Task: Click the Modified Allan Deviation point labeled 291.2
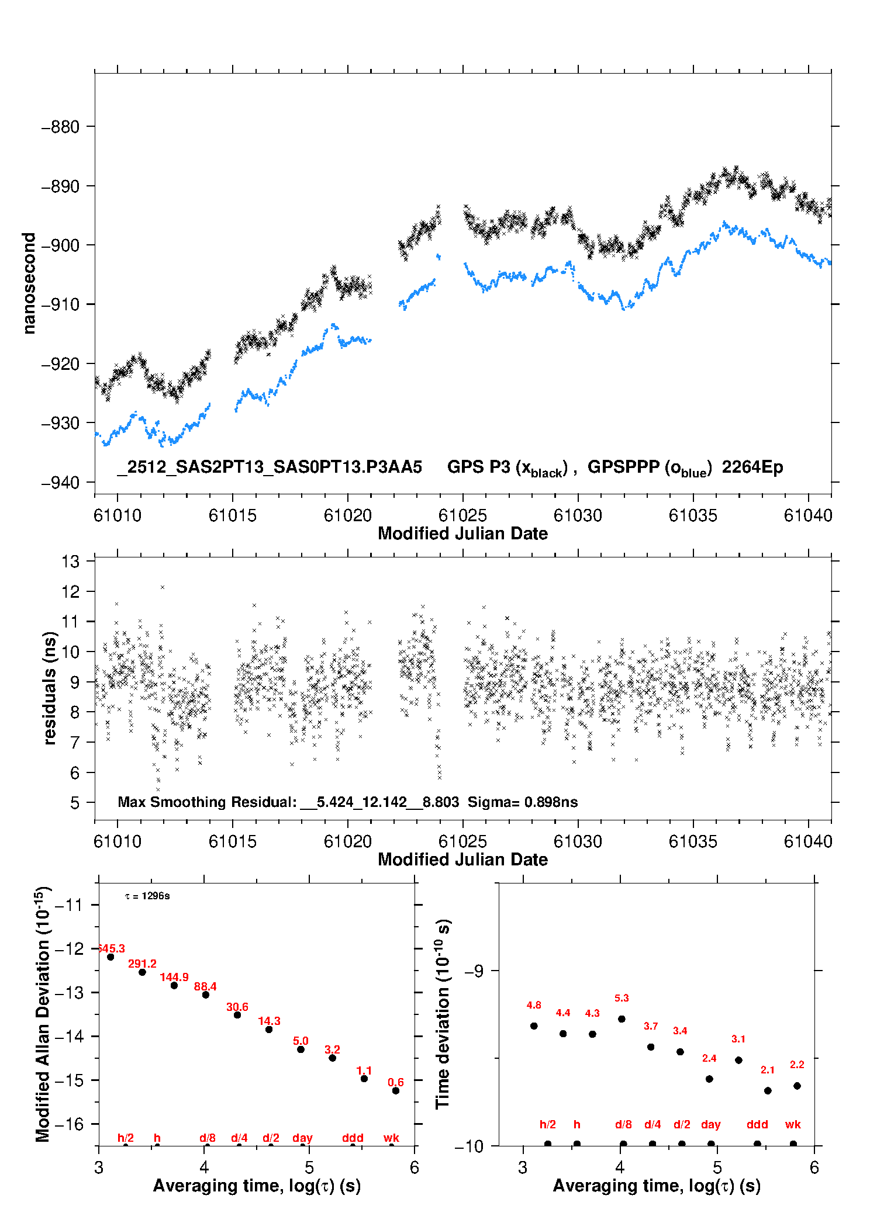point(142,972)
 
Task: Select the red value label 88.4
point(205,986)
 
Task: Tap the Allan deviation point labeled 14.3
point(269,1029)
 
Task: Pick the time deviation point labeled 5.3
point(622,1018)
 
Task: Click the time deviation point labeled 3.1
point(738,1060)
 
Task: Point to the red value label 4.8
point(534,1005)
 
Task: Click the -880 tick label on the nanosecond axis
point(60,127)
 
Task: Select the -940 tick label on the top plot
point(60,483)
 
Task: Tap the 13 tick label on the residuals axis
point(70,562)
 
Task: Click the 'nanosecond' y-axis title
point(29,283)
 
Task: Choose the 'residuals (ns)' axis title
point(50,688)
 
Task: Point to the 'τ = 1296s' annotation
point(147,896)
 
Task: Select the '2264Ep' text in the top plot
point(752,467)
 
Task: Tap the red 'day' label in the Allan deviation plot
point(302,1138)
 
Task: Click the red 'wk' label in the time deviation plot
point(793,1124)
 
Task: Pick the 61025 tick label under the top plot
point(462,515)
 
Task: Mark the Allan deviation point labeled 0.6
point(396,1090)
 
